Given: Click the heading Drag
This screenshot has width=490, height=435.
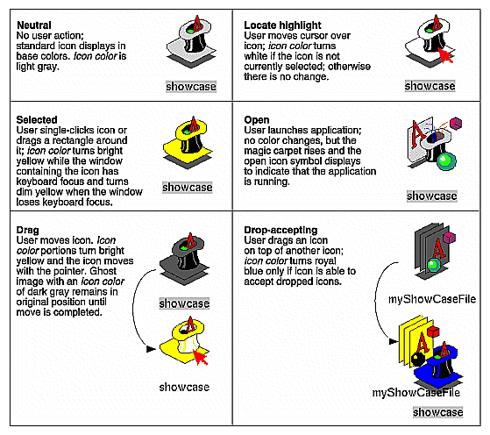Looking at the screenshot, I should point(29,231).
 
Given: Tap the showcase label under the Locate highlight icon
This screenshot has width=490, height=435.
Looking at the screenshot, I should point(430,86).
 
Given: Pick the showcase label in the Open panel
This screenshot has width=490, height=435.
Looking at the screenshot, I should point(431,196).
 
